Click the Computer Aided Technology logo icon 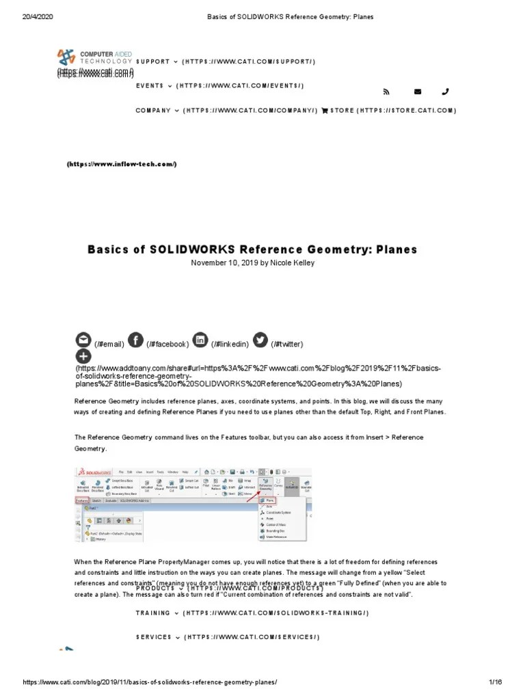(x=67, y=57)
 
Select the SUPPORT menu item (x=152, y=62)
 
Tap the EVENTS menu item (x=150, y=86)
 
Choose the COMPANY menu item (x=153, y=111)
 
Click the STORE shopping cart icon (x=325, y=111)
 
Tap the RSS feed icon (x=386, y=92)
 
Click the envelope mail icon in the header (x=418, y=92)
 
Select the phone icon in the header (x=446, y=92)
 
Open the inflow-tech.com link (x=122, y=164)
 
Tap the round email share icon (x=83, y=340)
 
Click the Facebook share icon (x=136, y=340)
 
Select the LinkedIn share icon (x=200, y=340)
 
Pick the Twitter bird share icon (x=260, y=340)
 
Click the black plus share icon (x=83, y=356)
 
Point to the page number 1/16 (x=495, y=682)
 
